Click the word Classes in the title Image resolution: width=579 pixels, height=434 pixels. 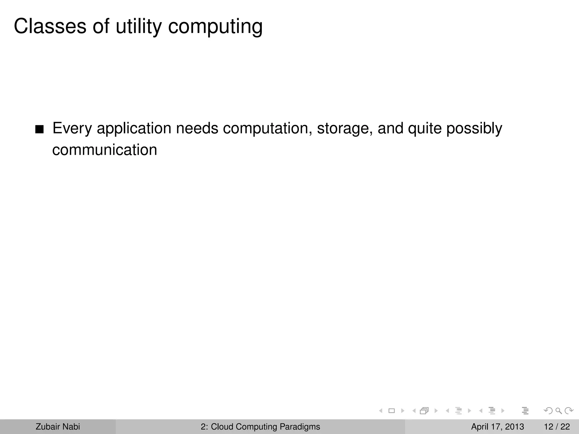point(50,26)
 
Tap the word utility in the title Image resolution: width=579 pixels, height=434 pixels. point(139,26)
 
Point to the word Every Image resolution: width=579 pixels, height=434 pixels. point(72,128)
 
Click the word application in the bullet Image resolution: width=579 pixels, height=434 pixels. point(134,129)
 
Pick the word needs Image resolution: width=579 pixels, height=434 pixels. point(197,128)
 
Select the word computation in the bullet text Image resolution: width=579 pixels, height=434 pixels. point(267,129)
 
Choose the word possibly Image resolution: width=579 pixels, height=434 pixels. point(474,129)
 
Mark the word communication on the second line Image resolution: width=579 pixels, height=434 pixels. point(105,150)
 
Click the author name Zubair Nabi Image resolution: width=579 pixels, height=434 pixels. point(58,427)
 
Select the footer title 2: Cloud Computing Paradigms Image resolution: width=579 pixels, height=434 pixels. point(260,427)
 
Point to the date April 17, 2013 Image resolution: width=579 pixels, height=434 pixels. point(497,427)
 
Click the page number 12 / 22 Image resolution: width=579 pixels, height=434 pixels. point(557,427)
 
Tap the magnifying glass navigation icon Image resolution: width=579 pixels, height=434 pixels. point(559,411)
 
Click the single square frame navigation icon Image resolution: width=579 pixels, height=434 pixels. point(392,411)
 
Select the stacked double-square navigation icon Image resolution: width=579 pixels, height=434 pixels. point(424,411)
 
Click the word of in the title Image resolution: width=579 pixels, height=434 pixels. point(101,26)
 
